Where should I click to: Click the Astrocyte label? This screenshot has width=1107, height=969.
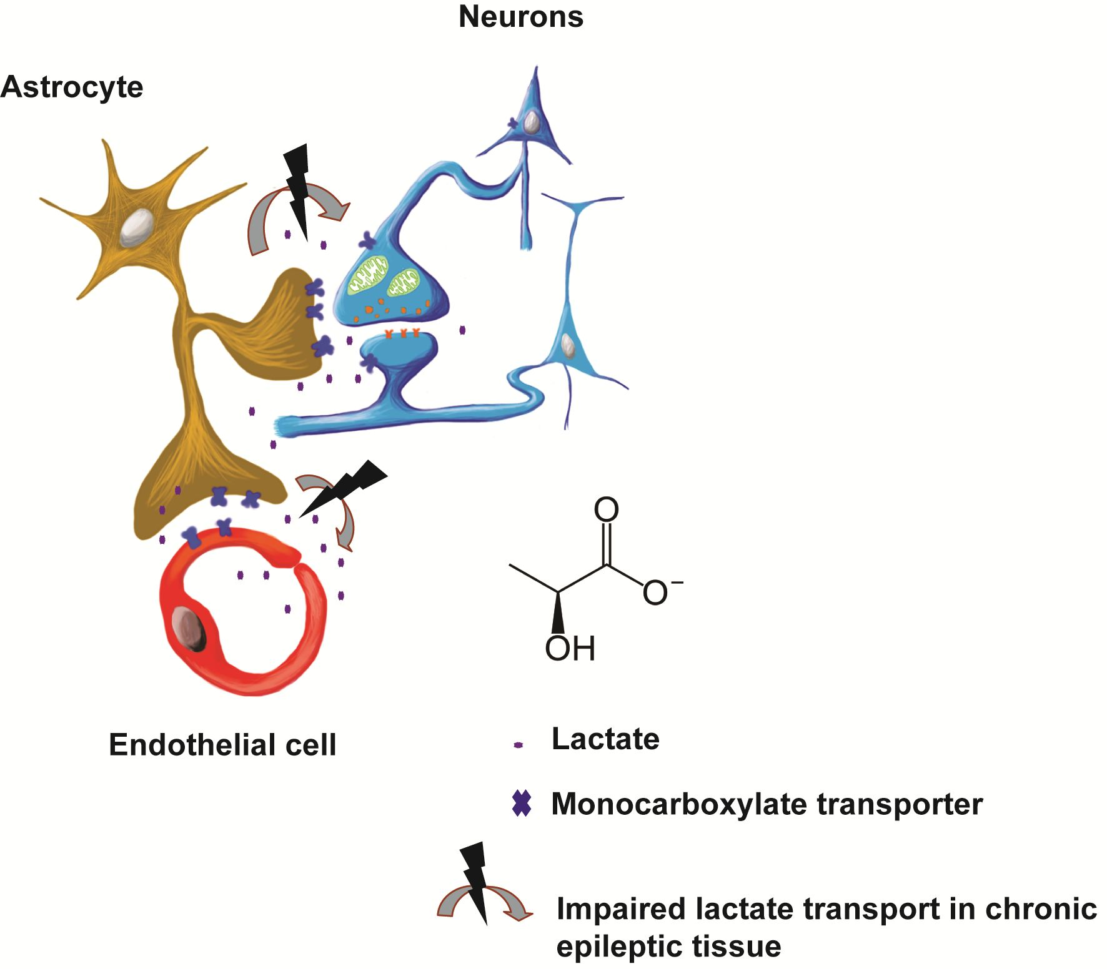[x=72, y=87]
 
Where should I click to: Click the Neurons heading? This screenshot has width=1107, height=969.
[x=520, y=17]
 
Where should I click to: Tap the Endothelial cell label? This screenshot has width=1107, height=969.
[x=222, y=745]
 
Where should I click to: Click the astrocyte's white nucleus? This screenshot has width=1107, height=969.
[x=137, y=228]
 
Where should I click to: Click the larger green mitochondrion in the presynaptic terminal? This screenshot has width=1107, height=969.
[x=368, y=275]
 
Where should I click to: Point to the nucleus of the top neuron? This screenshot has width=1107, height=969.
[x=531, y=122]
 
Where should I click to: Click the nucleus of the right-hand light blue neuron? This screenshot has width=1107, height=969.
[x=567, y=345]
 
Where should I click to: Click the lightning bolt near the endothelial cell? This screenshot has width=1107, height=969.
[x=347, y=487]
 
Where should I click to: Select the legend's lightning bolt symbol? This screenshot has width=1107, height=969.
[x=476, y=880]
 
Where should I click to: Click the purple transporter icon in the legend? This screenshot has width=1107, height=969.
[x=521, y=804]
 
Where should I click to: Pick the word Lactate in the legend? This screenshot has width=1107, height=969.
[x=605, y=739]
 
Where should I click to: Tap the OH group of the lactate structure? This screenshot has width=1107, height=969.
[x=569, y=649]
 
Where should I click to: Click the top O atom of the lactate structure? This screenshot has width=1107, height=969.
[x=605, y=509]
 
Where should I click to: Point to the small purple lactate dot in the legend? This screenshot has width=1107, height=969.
[x=517, y=745]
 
